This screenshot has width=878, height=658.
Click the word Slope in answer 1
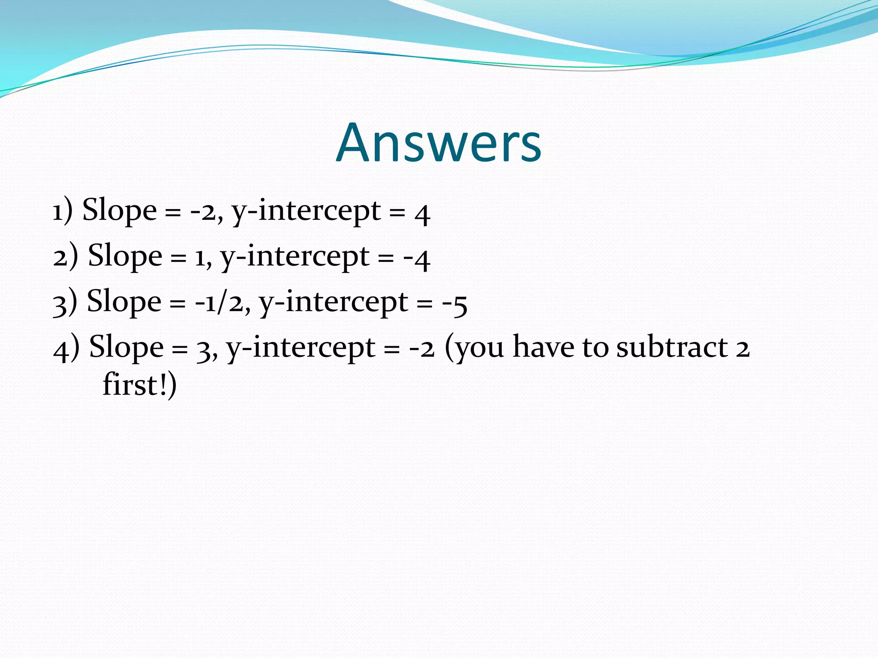[x=119, y=211]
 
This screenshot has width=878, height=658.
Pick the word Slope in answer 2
[x=125, y=256]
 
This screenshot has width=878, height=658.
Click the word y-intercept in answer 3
[x=334, y=303]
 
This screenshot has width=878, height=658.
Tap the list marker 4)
[x=66, y=348]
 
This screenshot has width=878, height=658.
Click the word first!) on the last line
[x=139, y=385]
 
